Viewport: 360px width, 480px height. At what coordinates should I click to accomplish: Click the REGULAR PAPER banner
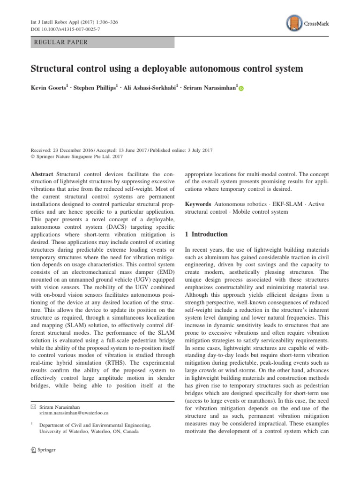tap(102, 42)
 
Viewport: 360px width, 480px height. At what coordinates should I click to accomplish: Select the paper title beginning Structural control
tap(167, 69)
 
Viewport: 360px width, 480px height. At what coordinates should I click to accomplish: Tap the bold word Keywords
tap(198, 204)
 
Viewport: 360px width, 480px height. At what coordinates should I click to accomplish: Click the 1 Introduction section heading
tap(206, 234)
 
